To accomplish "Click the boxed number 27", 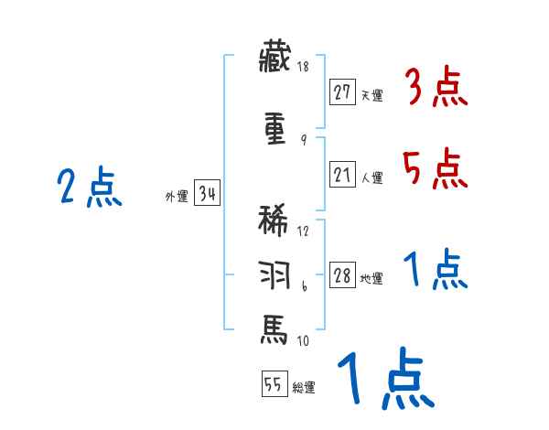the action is [x=343, y=92].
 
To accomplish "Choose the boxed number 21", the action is [x=343, y=174].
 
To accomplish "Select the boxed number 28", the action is [x=343, y=276].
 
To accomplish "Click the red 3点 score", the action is [x=435, y=88].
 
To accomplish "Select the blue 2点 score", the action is [x=89, y=189].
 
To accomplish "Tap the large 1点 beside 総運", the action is [x=384, y=380].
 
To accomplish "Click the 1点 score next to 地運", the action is [x=435, y=271].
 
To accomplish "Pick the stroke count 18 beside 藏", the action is [x=303, y=68].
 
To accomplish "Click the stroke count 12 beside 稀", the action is [x=303, y=231].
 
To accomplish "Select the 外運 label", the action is [x=176, y=195].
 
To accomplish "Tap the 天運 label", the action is [x=371, y=95].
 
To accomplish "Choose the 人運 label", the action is [x=371, y=177].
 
